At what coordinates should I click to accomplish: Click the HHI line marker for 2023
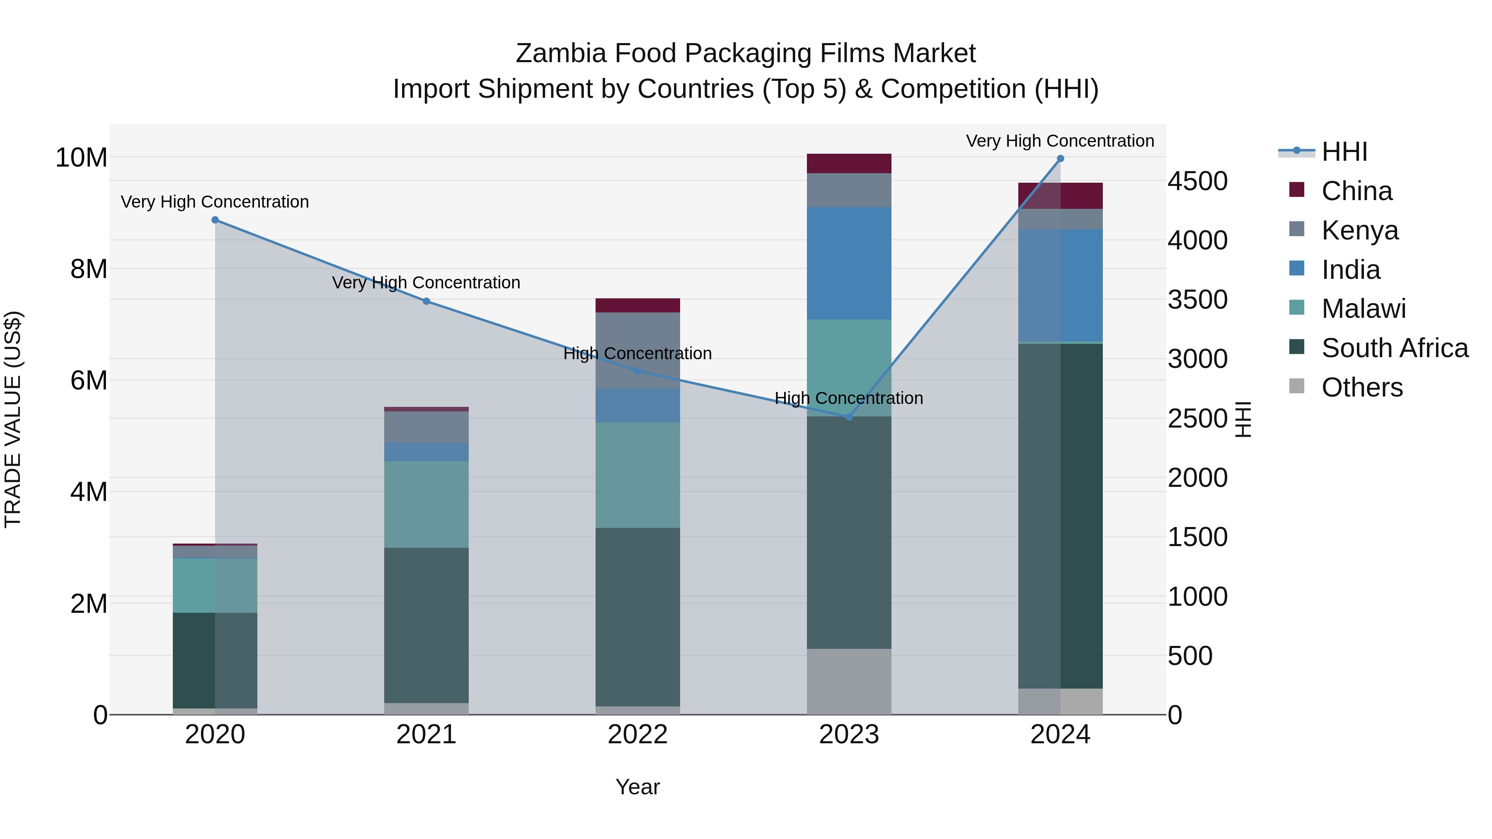pyautogui.click(x=849, y=417)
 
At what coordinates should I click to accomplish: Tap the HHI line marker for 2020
pyautogui.click(x=215, y=220)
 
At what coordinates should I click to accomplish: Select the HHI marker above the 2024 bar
pyautogui.click(x=1061, y=159)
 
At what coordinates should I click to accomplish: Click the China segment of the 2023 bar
pyautogui.click(x=849, y=164)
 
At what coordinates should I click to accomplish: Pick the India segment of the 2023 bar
pyautogui.click(x=849, y=264)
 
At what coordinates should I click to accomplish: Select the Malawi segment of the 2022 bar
pyautogui.click(x=638, y=475)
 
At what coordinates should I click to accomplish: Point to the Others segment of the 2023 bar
pyautogui.click(x=849, y=682)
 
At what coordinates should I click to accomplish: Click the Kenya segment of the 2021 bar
pyautogui.click(x=426, y=427)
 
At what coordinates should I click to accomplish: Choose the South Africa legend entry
pyautogui.click(x=1395, y=348)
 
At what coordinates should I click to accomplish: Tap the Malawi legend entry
pyautogui.click(x=1364, y=309)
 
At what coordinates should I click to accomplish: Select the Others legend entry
pyautogui.click(x=1362, y=387)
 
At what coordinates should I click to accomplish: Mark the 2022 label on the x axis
pyautogui.click(x=638, y=735)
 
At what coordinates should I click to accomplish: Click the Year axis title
pyautogui.click(x=638, y=787)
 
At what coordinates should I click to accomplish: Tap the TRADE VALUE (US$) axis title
pyautogui.click(x=13, y=419)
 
